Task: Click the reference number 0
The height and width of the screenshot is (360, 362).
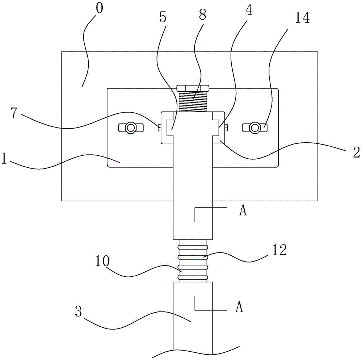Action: [x=100, y=9]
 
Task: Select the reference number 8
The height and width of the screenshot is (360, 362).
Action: [x=202, y=15]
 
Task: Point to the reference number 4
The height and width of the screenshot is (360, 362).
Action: [x=249, y=9]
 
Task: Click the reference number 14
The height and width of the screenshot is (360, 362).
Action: [x=302, y=17]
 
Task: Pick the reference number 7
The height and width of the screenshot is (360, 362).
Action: [x=14, y=113]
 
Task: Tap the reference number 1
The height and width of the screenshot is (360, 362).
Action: [x=4, y=159]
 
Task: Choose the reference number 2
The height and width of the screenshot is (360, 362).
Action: [x=357, y=152]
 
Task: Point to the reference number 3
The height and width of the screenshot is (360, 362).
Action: [x=79, y=311]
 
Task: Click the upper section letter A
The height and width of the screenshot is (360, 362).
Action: [x=243, y=210]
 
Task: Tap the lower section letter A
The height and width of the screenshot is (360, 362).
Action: [x=239, y=307]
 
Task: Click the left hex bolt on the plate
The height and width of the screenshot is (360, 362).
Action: [x=131, y=127]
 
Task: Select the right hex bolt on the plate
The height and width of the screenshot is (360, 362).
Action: [x=255, y=127]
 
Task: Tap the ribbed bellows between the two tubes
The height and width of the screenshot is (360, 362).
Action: [x=193, y=261]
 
